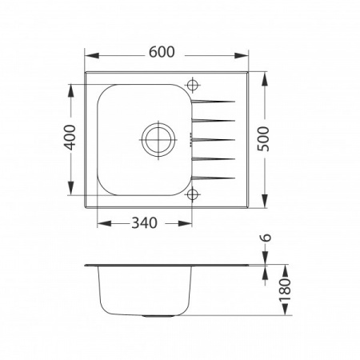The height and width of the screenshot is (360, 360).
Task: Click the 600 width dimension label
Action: [x=162, y=52]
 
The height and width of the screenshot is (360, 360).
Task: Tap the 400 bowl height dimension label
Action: [x=70, y=138]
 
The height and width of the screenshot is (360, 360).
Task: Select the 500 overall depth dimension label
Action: [x=264, y=138]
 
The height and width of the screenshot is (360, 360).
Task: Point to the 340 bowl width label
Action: [x=144, y=223]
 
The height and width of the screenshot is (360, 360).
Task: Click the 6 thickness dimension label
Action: [x=266, y=238]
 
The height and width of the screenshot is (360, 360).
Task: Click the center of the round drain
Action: [x=158, y=140]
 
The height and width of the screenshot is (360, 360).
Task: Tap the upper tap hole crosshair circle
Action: [x=192, y=85]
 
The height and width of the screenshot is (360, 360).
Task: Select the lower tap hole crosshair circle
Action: [x=192, y=194]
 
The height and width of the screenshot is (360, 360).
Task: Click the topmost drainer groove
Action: [x=214, y=102]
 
